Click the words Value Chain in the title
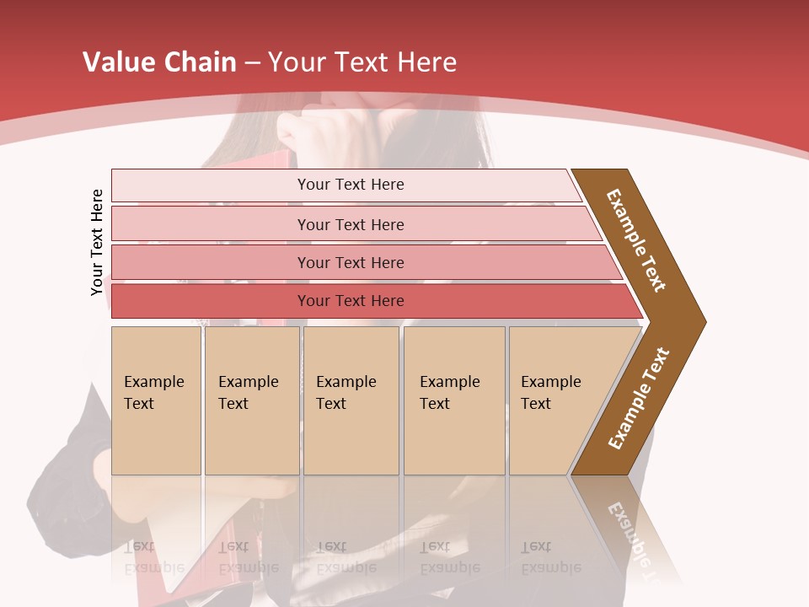(x=159, y=62)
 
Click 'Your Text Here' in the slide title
(x=362, y=62)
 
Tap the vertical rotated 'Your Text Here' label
(x=98, y=242)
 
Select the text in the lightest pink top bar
(x=351, y=185)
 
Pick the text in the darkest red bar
(x=351, y=301)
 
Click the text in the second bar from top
(x=351, y=225)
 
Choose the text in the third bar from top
(x=351, y=263)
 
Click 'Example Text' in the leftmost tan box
(x=153, y=393)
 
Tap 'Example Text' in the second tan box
(x=248, y=393)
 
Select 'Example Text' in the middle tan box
(x=346, y=393)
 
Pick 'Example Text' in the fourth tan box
(x=449, y=393)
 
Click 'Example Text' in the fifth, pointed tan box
(x=550, y=393)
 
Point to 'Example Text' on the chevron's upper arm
(x=636, y=240)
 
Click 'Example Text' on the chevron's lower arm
(x=639, y=398)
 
